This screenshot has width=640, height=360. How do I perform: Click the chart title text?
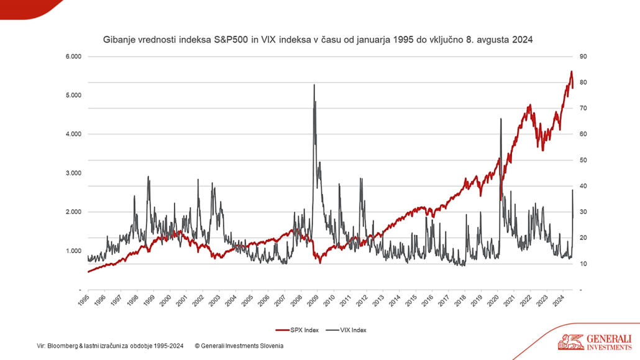(318, 40)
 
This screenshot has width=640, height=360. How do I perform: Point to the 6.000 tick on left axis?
(73, 57)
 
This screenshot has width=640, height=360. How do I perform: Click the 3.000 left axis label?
(73, 173)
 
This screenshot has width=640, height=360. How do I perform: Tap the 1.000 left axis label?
(73, 251)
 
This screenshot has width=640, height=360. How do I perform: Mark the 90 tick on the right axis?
(583, 57)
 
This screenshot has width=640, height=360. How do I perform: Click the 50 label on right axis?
(583, 160)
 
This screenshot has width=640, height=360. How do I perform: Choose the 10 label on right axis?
(583, 264)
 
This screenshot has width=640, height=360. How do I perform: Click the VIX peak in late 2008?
(314, 85)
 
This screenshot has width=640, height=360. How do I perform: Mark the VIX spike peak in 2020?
(501, 119)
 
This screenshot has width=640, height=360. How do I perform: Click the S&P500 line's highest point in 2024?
(571, 72)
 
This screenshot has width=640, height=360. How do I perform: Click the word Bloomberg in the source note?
(62, 346)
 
